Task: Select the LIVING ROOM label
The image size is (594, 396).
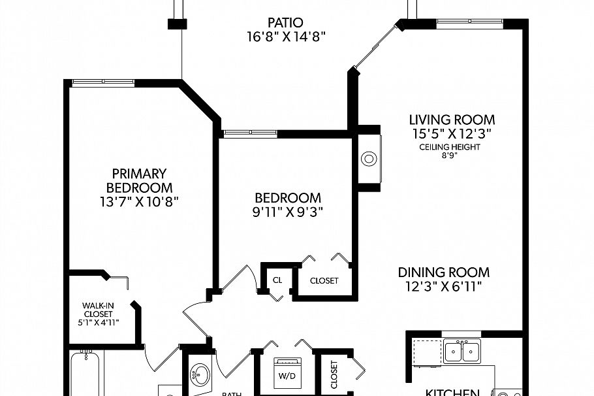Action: tap(452, 120)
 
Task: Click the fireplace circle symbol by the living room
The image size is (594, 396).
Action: tap(369, 159)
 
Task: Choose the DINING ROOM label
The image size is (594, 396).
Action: tap(444, 272)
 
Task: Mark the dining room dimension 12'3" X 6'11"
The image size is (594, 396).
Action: tap(444, 286)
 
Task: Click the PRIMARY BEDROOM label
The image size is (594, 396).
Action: tap(140, 180)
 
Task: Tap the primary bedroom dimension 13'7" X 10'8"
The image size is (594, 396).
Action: tap(140, 202)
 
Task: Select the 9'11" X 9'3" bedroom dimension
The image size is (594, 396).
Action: tap(288, 212)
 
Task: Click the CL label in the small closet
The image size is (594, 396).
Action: tap(277, 280)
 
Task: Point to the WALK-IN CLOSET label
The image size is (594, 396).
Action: tap(98, 309)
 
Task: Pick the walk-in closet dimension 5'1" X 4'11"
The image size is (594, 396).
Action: tap(98, 322)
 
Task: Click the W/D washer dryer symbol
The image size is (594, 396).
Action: tap(287, 374)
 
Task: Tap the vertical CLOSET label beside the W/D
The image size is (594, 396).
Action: tap(334, 375)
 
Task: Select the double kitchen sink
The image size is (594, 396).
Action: tap(461, 352)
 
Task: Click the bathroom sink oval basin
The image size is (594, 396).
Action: tap(200, 375)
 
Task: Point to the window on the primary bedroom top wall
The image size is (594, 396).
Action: tap(102, 82)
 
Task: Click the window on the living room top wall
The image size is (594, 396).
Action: tap(469, 24)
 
